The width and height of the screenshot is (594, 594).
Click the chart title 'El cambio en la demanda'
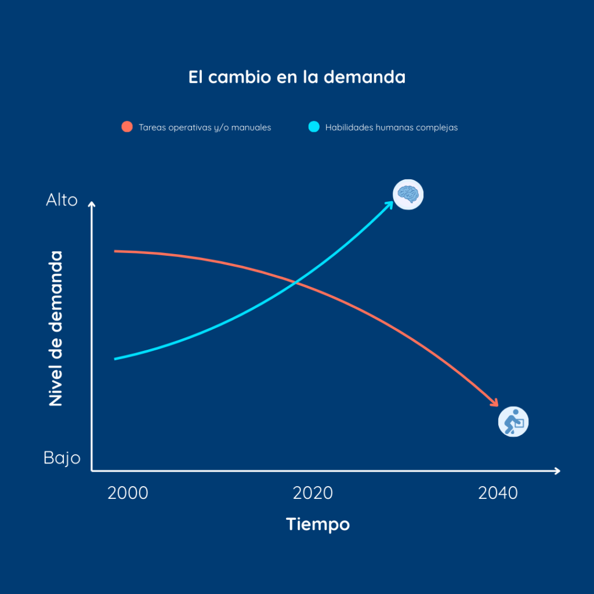(x=296, y=77)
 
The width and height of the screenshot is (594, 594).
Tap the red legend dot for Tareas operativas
(x=127, y=127)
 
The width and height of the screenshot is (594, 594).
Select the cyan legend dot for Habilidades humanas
(x=314, y=127)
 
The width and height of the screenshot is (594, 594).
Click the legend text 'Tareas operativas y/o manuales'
(x=205, y=128)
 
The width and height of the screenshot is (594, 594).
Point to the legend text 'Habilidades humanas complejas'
(x=391, y=128)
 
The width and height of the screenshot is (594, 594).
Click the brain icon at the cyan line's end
(x=408, y=194)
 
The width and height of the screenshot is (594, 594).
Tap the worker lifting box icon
(x=513, y=422)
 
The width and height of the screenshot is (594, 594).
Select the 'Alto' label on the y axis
(x=61, y=201)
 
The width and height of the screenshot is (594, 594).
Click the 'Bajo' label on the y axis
(x=61, y=458)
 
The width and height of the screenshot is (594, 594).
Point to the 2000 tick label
(x=128, y=494)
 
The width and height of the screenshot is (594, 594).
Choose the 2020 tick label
(x=313, y=494)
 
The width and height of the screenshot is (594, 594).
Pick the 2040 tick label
(x=498, y=494)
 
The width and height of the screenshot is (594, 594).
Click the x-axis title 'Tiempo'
(x=318, y=524)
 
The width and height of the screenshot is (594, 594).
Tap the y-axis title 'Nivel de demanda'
(x=56, y=328)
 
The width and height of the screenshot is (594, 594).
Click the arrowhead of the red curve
(x=495, y=403)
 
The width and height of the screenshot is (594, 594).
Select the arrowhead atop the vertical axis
(x=92, y=204)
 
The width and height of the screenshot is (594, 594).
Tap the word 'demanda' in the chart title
(x=364, y=77)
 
